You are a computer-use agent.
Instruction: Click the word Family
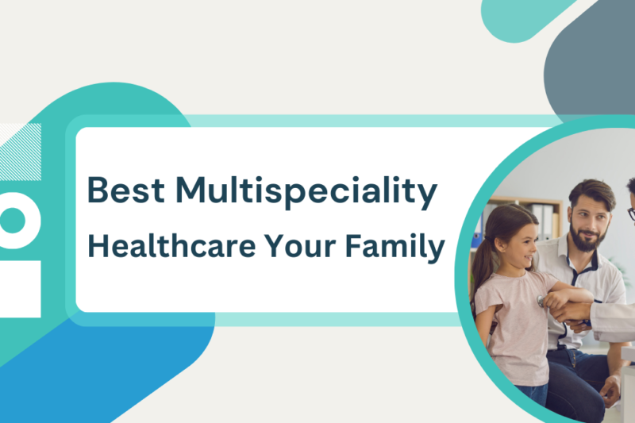(x=397, y=248)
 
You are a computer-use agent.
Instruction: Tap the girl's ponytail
(x=482, y=262)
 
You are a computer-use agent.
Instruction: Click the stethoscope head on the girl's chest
(x=541, y=301)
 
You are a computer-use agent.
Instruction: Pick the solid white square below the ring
(x=19, y=286)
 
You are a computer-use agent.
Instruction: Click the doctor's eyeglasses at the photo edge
(x=630, y=213)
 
